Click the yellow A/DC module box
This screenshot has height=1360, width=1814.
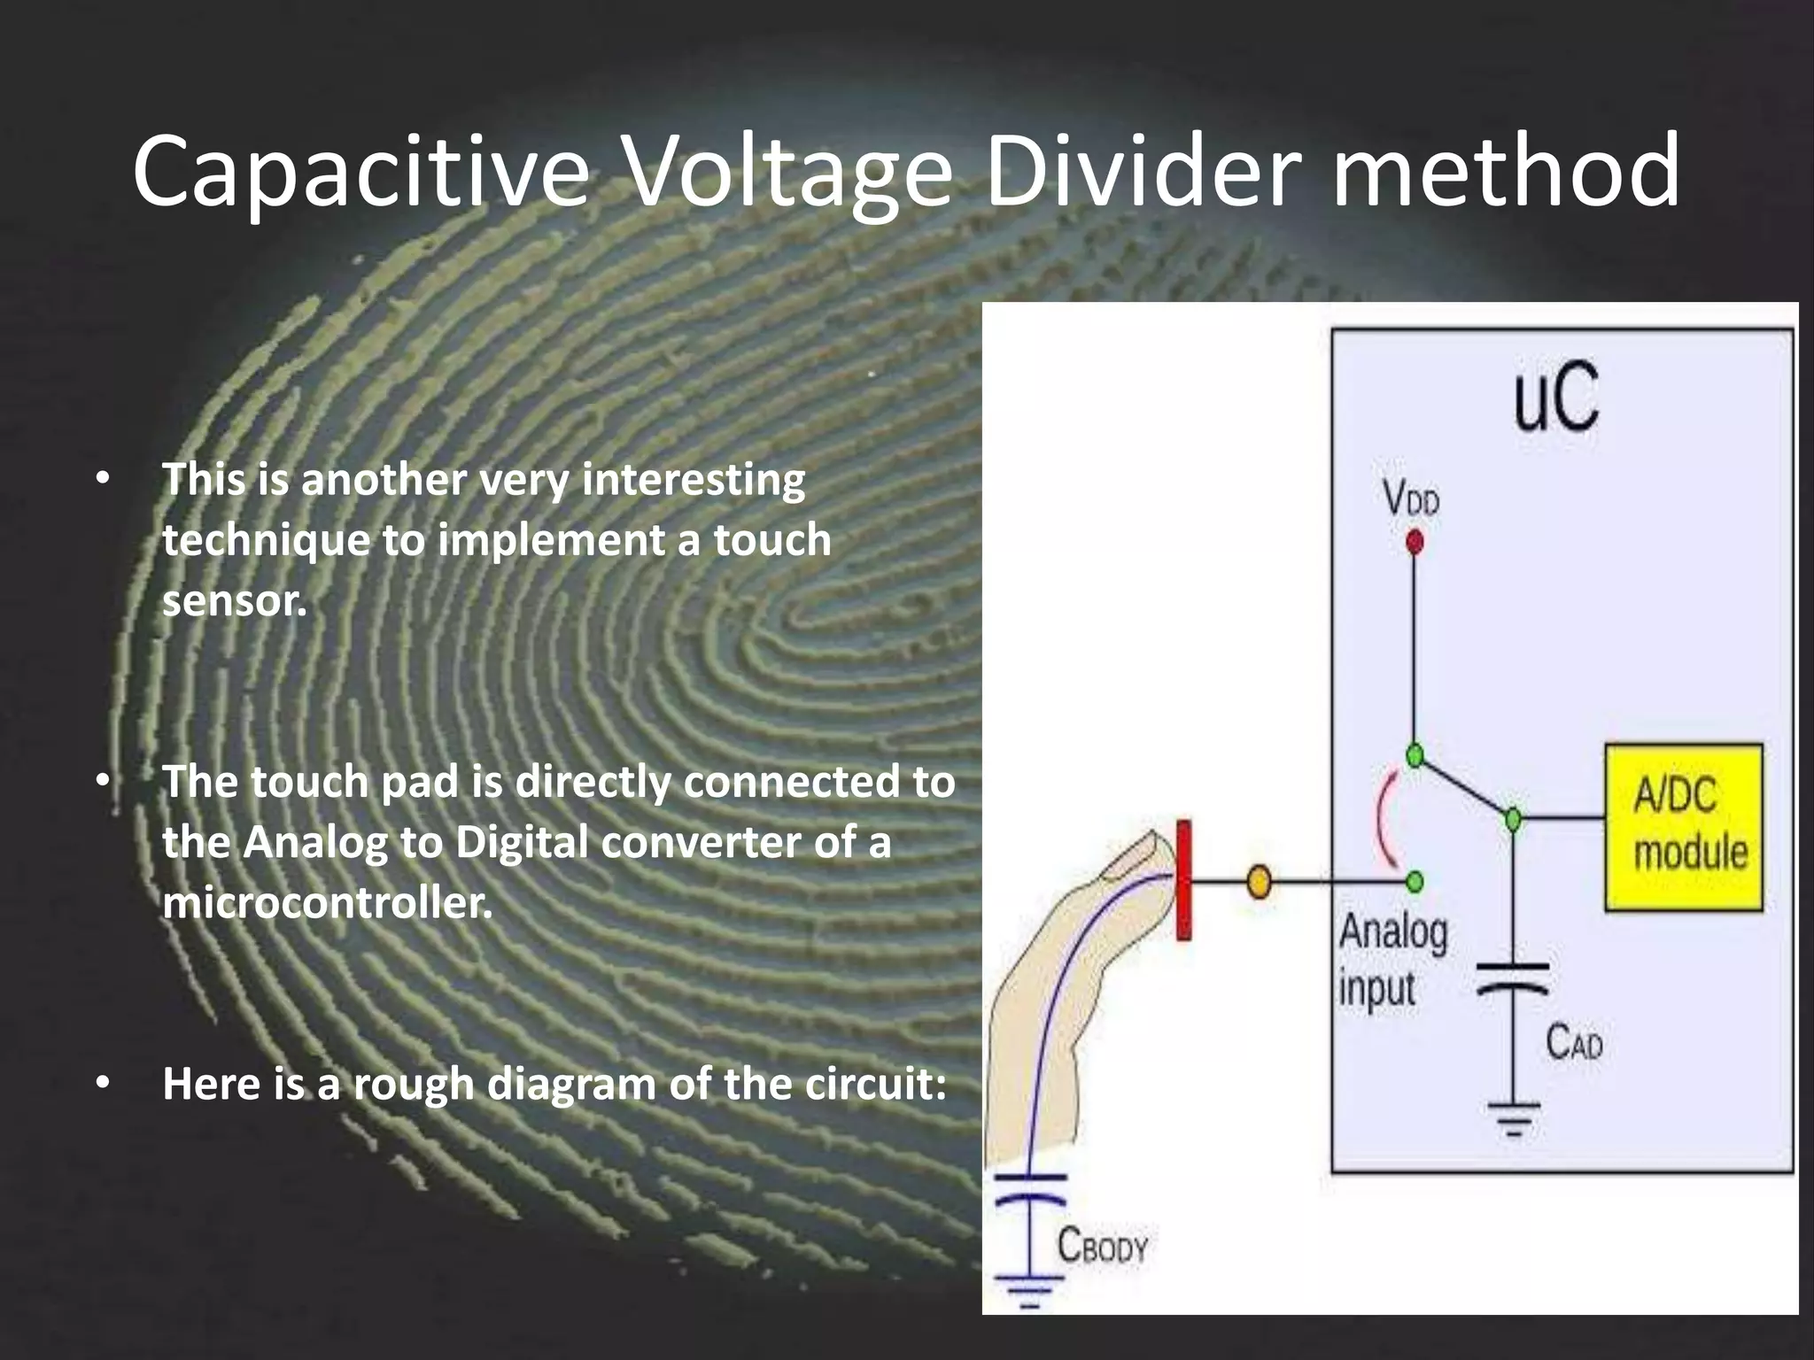[x=1684, y=828]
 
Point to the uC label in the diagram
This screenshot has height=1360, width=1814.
[x=1556, y=399]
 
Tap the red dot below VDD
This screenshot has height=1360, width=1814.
[x=1415, y=541]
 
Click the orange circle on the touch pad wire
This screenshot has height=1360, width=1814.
[x=1259, y=882]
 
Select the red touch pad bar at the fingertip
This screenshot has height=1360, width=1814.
[x=1183, y=879]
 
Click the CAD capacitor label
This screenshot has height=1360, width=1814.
[x=1574, y=1043]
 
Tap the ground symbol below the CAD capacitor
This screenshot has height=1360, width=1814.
[x=1513, y=1118]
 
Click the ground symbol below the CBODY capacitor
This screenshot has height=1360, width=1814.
[x=1027, y=1289]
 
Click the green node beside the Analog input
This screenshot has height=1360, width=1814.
[x=1415, y=881]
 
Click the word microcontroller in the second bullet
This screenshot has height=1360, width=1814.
[x=327, y=904]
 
